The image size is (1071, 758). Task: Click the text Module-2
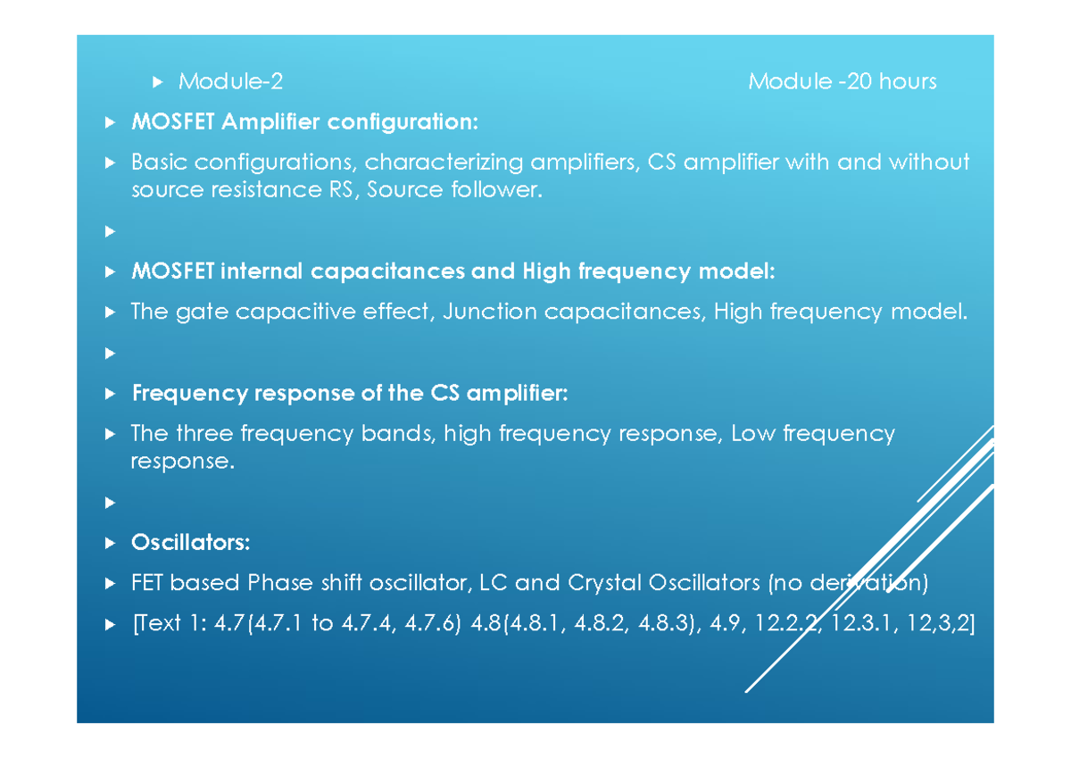pos(230,82)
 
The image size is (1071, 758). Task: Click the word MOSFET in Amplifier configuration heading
pos(173,122)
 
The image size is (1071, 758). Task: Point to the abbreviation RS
pos(341,190)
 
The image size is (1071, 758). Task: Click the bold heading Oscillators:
pos(191,542)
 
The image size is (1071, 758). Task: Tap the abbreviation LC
pos(494,583)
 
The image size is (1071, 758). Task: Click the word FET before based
pos(147,583)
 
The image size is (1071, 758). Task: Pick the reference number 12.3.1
pos(862,624)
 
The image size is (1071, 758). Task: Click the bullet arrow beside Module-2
pos(158,82)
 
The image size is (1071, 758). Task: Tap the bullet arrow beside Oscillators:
pos(110,543)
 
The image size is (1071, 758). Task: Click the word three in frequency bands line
pos(203,434)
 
